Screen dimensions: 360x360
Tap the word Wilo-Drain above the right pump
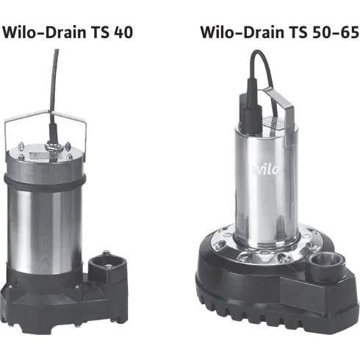click(x=235, y=32)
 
